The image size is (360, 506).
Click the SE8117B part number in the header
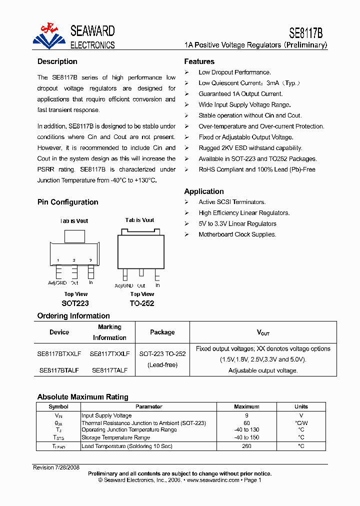(x=306, y=33)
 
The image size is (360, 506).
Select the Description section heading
(x=57, y=61)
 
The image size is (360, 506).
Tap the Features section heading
(x=199, y=61)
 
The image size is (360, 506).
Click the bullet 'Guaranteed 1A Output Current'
(x=240, y=94)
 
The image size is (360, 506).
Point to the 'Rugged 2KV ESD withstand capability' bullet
(x=250, y=148)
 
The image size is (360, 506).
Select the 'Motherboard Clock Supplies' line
(x=237, y=234)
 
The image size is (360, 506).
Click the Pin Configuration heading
(x=67, y=202)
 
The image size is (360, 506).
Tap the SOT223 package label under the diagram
(x=75, y=303)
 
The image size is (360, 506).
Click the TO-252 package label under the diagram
(x=142, y=303)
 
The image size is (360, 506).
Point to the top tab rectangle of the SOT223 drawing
(x=74, y=236)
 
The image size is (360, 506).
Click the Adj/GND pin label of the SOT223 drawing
(x=57, y=283)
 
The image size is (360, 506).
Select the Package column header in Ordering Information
(x=162, y=332)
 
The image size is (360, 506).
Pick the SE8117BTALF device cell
(x=59, y=370)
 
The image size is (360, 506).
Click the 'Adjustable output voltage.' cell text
(x=263, y=370)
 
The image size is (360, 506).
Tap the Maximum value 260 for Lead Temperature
(x=246, y=445)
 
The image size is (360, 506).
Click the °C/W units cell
(x=301, y=423)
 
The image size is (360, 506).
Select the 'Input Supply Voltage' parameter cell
(x=106, y=415)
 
